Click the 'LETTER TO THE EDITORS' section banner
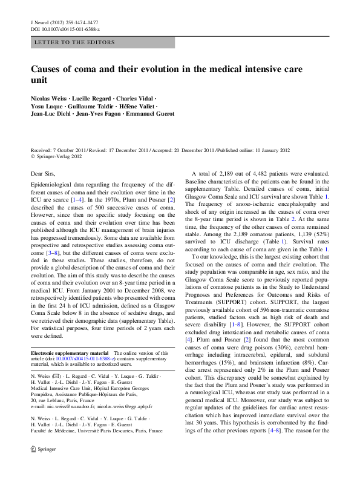coord(75,42)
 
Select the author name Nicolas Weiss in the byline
coord(50,98)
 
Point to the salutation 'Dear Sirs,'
coord(45,173)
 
